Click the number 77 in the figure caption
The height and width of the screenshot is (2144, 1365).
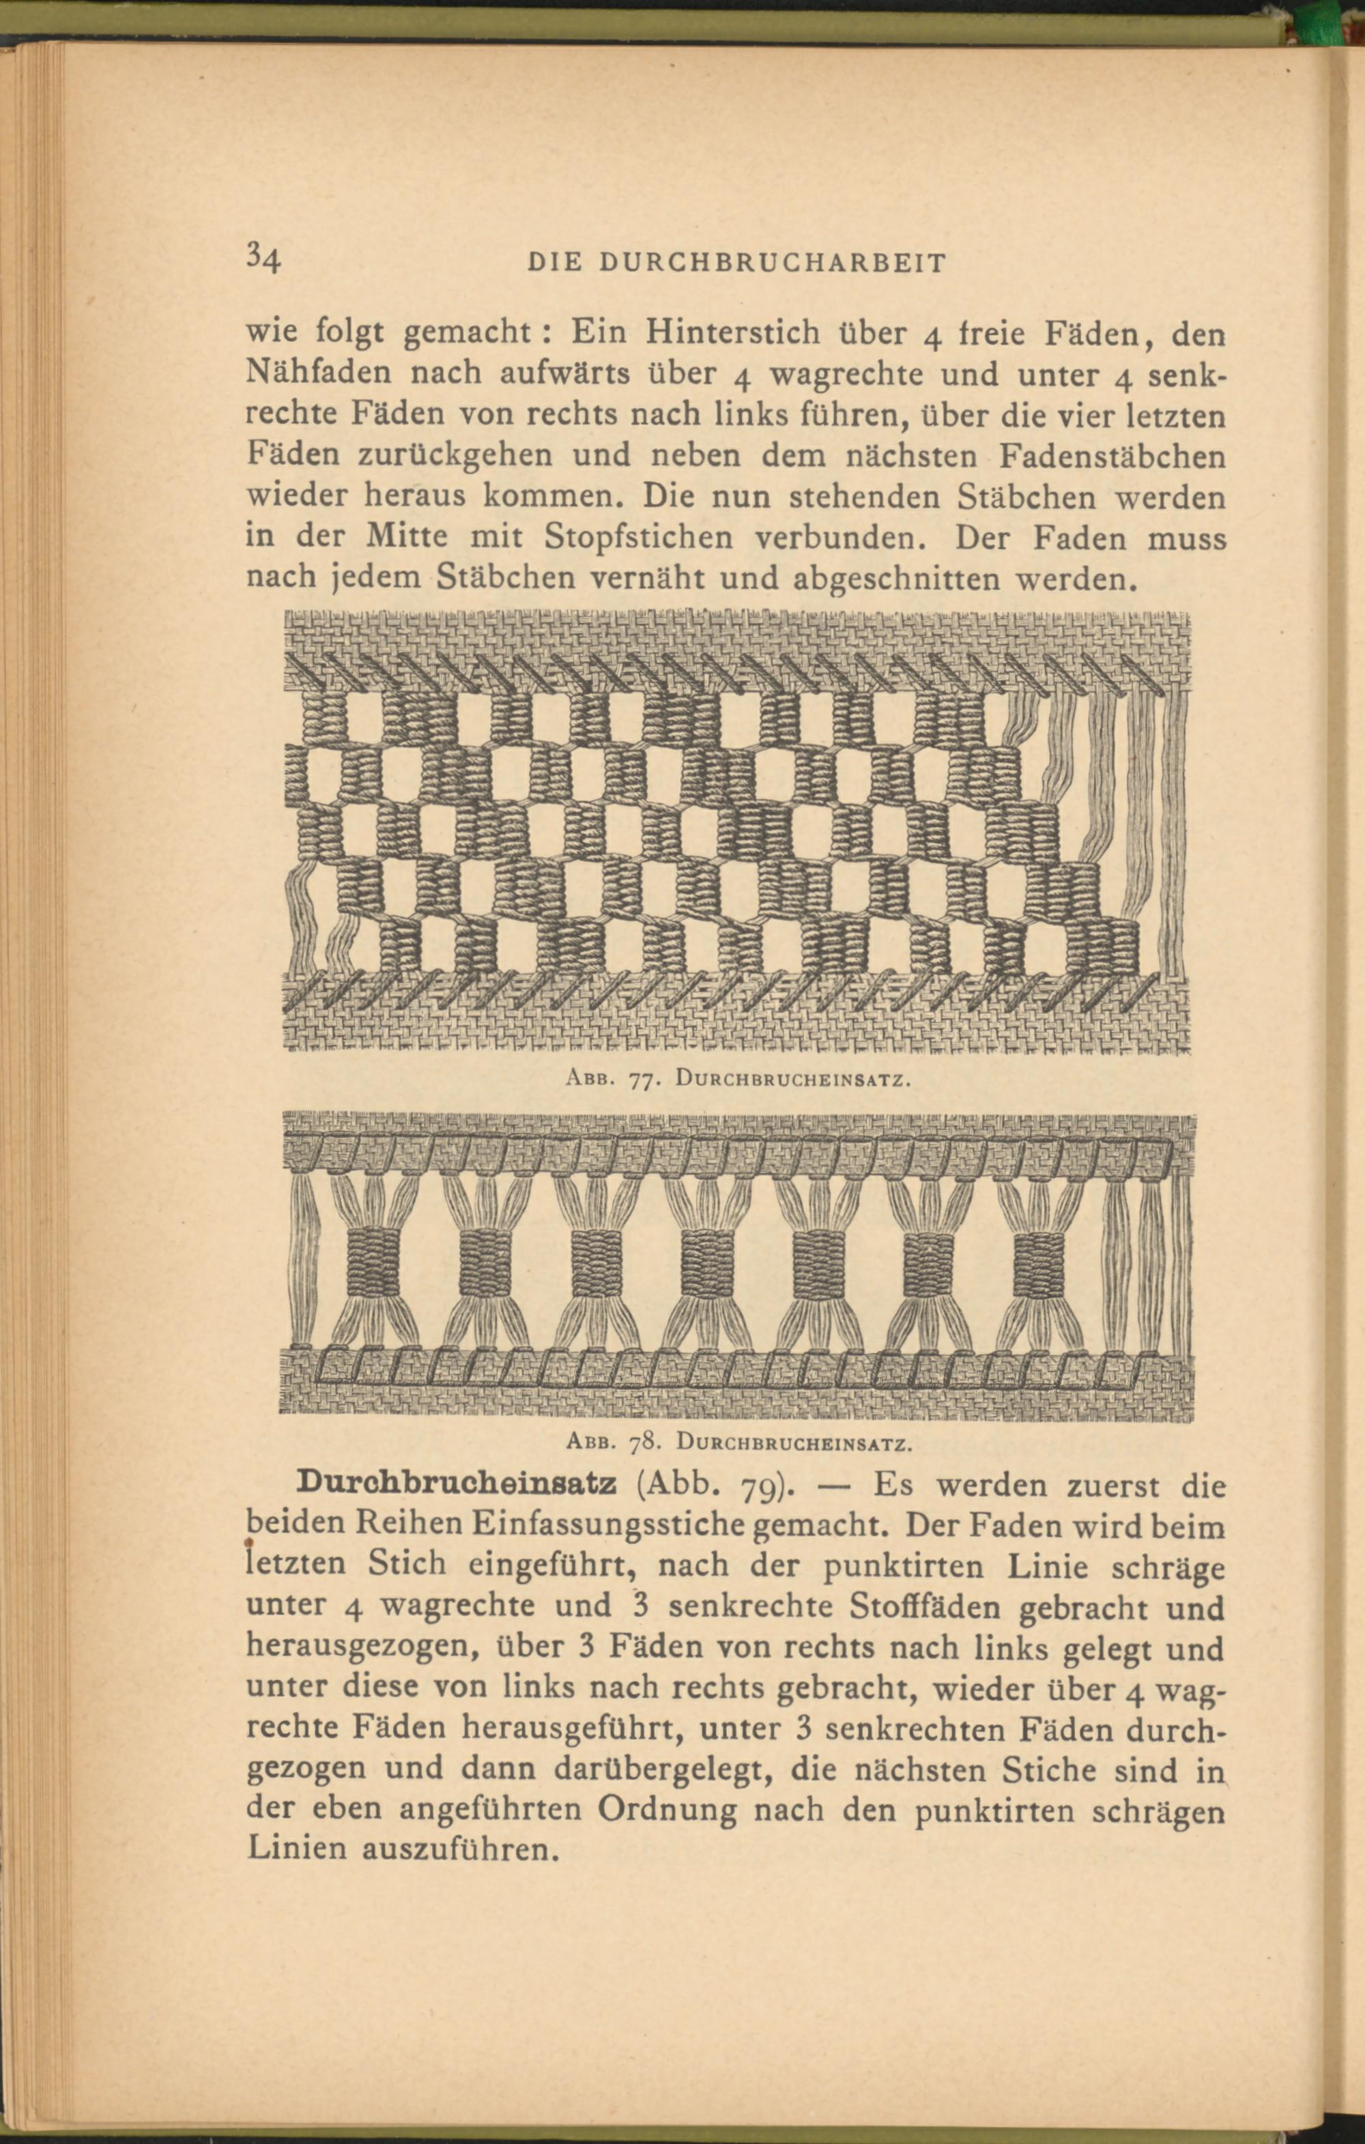click(643, 1082)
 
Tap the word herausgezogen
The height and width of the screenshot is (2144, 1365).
click(360, 1649)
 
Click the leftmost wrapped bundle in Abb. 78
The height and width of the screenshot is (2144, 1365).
click(375, 1262)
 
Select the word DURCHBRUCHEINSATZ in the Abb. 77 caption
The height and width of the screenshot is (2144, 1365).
click(792, 1082)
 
